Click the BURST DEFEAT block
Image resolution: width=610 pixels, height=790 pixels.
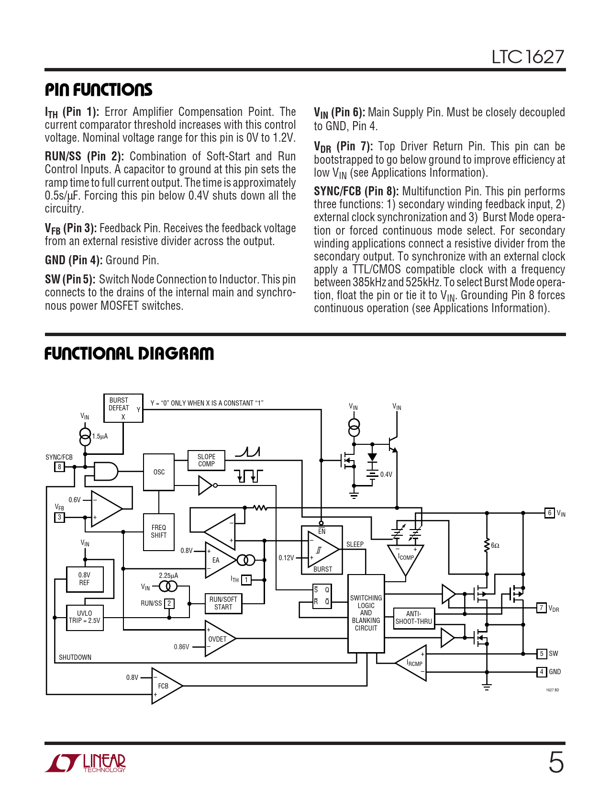pyautogui.click(x=123, y=408)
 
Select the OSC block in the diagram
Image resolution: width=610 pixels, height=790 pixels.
pyautogui.click(x=159, y=472)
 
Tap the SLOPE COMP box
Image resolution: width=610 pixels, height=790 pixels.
pyautogui.click(x=206, y=460)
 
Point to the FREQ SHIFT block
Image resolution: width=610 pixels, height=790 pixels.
pyautogui.click(x=159, y=531)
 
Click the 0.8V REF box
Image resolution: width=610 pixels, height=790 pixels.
pyautogui.click(x=84, y=579)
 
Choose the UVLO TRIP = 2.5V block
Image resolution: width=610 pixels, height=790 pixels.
pyautogui.click(x=85, y=617)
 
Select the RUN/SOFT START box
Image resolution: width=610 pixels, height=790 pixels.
pyautogui.click(x=223, y=603)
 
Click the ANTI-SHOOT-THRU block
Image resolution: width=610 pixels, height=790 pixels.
pyautogui.click(x=414, y=618)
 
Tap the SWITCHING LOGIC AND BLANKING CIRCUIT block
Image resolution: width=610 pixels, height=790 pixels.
pyautogui.click(x=366, y=613)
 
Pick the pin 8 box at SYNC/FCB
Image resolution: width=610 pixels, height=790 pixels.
pyautogui.click(x=59, y=467)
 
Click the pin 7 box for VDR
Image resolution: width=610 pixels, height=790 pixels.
pyautogui.click(x=541, y=608)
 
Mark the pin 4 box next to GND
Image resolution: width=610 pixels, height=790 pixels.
pyautogui.click(x=541, y=672)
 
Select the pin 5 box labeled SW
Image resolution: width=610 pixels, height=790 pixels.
pyautogui.click(x=541, y=654)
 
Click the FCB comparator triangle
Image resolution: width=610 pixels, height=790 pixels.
pyautogui.click(x=165, y=686)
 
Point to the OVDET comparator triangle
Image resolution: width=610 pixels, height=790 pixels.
pyautogui.click(x=218, y=639)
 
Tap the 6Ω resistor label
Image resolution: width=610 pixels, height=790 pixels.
pyautogui.click(x=495, y=546)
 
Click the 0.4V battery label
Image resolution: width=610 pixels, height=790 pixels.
pyautogui.click(x=386, y=474)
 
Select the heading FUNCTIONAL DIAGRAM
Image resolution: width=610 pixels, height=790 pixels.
pyautogui.click(x=129, y=354)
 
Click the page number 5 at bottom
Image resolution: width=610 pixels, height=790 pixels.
pyautogui.click(x=556, y=762)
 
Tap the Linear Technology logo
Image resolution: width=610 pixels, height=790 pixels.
pyautogui.click(x=86, y=763)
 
